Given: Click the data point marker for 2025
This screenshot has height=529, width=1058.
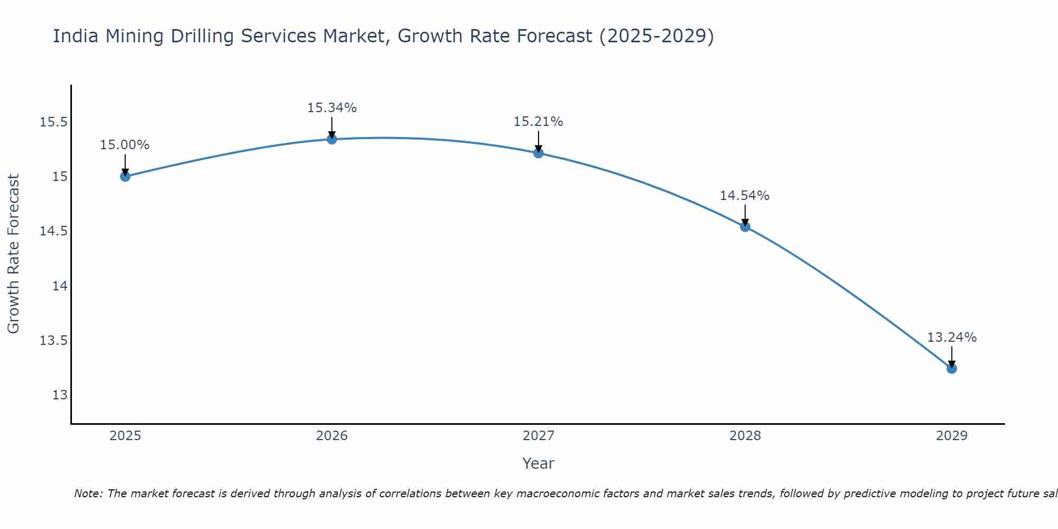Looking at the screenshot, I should pyautogui.click(x=125, y=176).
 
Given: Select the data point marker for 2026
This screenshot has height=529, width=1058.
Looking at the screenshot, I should pyautogui.click(x=332, y=139).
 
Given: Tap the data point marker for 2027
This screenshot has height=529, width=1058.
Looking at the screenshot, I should pyautogui.click(x=539, y=153).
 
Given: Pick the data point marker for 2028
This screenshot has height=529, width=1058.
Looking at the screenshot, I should pyautogui.click(x=745, y=226).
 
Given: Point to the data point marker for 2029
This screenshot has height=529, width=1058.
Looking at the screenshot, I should pyautogui.click(x=952, y=368).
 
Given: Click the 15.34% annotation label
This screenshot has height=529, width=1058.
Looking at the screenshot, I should pyautogui.click(x=332, y=108).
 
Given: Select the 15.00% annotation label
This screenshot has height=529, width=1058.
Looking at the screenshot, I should pyautogui.click(x=125, y=145).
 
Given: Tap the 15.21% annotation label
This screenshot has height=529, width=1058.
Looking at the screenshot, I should pyautogui.click(x=539, y=122).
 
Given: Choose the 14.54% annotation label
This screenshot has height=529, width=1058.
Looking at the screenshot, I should pyautogui.click(x=745, y=196).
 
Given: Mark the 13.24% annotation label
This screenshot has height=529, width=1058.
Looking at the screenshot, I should pyautogui.click(x=952, y=338).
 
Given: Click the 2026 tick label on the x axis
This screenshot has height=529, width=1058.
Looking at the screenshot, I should pyautogui.click(x=332, y=436).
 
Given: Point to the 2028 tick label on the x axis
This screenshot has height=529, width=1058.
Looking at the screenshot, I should pyautogui.click(x=745, y=436).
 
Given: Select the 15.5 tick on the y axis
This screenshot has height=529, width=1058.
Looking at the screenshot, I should pyautogui.click(x=54, y=122).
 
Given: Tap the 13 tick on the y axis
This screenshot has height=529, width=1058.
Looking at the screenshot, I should pyautogui.click(x=60, y=395).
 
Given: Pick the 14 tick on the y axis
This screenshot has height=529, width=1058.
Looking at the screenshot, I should pyautogui.click(x=60, y=286).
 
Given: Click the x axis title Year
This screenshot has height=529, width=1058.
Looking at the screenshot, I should pyautogui.click(x=538, y=463).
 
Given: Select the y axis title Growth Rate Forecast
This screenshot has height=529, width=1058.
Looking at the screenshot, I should pyautogui.click(x=13, y=254).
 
